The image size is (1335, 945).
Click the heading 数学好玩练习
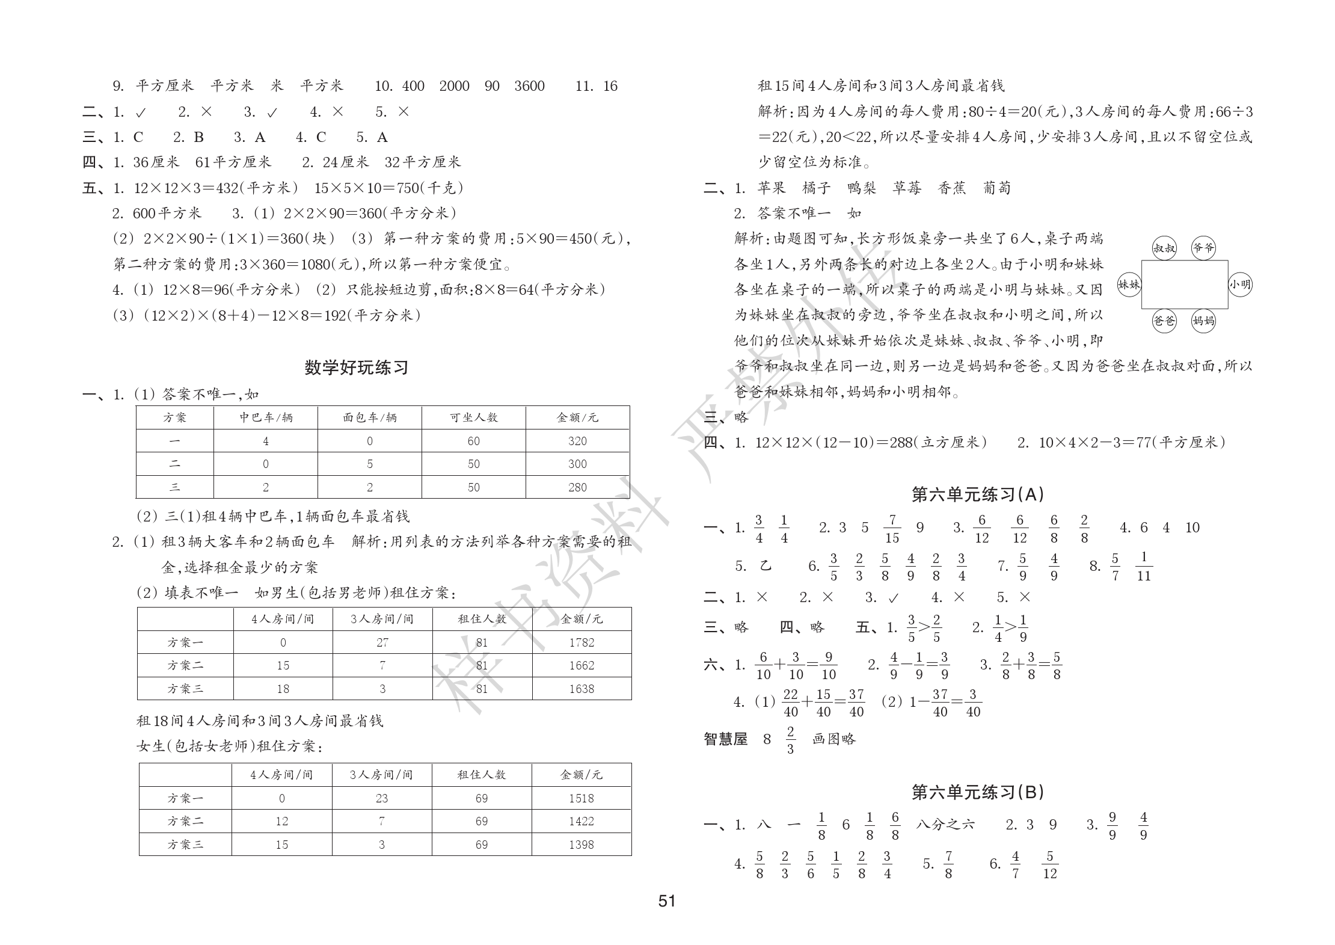[x=356, y=368]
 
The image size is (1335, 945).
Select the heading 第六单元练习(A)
[x=978, y=494]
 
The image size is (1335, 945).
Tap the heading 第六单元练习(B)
[x=978, y=792]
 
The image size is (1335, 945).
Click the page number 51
[x=667, y=900]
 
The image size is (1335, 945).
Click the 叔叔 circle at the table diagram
[x=1164, y=248]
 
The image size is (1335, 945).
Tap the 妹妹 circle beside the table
[x=1129, y=285]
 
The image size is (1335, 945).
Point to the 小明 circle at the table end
[x=1240, y=285]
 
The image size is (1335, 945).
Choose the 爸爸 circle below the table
[x=1164, y=321]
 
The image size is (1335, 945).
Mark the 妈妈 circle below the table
[x=1203, y=321]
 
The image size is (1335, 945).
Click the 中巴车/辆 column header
[x=266, y=417]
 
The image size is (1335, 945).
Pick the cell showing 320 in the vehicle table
[x=577, y=441]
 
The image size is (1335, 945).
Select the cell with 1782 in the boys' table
[x=582, y=642]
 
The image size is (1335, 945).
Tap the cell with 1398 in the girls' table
[x=581, y=845]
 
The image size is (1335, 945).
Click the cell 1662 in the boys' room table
[x=582, y=665]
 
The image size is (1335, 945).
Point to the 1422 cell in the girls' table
[x=581, y=821]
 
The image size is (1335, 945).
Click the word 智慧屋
[x=725, y=739]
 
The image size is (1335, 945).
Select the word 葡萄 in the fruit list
[x=996, y=188]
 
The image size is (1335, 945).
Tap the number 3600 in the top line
[x=529, y=86]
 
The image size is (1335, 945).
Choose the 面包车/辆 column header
[x=370, y=417]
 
